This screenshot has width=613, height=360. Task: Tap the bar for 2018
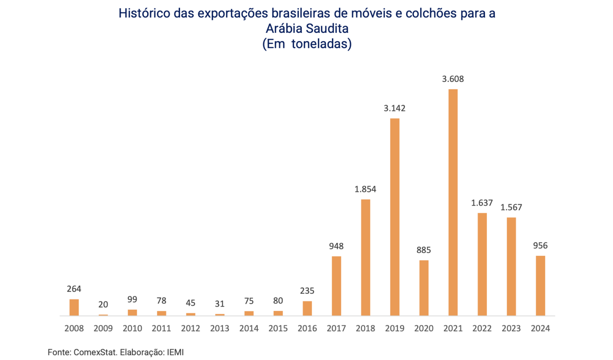pyautogui.click(x=366, y=257)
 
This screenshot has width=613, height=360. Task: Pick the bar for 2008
pyautogui.click(x=74, y=307)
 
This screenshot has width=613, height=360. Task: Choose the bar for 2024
pyautogui.click(x=540, y=285)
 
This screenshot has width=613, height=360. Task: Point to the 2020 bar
pyautogui.click(x=424, y=288)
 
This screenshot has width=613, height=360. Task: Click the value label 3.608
pyautogui.click(x=453, y=79)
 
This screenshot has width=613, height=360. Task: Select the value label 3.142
pyautogui.click(x=395, y=108)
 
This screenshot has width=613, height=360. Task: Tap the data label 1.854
pyautogui.click(x=366, y=189)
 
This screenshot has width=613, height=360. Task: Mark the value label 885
pyautogui.click(x=424, y=250)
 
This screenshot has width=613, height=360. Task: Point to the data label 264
pyautogui.click(x=74, y=289)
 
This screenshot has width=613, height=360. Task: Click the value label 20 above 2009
pyautogui.click(x=103, y=305)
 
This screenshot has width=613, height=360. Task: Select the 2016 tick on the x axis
pyautogui.click(x=307, y=328)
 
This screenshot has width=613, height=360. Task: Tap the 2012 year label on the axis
pyautogui.click(x=191, y=328)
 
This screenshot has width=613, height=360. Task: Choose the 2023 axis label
pyautogui.click(x=511, y=328)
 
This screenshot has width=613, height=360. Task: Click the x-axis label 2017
pyautogui.click(x=336, y=328)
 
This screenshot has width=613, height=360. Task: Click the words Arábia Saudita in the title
pyautogui.click(x=307, y=28)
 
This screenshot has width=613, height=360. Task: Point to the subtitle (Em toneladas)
pyautogui.click(x=307, y=44)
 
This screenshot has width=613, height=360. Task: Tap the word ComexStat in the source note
pyautogui.click(x=95, y=352)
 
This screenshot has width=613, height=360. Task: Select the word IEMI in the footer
pyautogui.click(x=175, y=352)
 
